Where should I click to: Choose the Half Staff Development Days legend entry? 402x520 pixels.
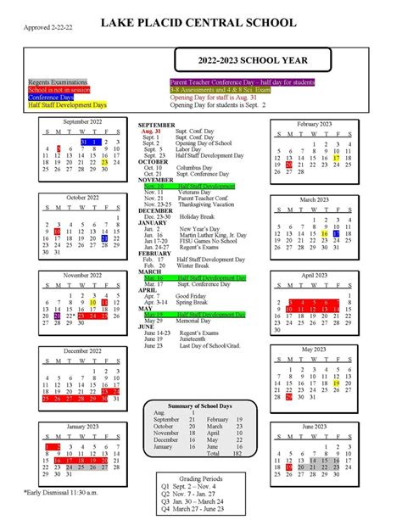[68, 105]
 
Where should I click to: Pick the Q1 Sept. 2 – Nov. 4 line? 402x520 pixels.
[201, 487]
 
